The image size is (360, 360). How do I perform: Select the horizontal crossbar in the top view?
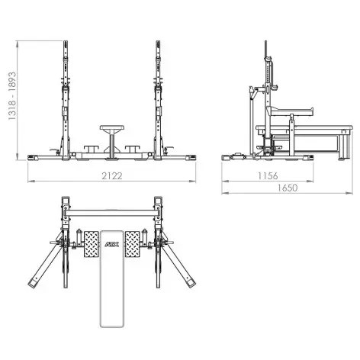111,209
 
